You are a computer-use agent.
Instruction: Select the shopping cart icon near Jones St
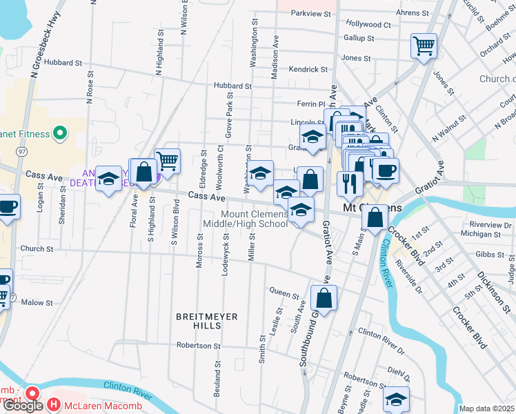pos(424,47)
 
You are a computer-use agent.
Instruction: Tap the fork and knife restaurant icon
pos(350,184)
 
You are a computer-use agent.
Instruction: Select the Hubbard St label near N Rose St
pos(62,63)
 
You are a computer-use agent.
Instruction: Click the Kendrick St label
pos(308,70)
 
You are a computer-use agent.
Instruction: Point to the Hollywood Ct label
pos(368,24)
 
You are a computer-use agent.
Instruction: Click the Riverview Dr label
pos(490,225)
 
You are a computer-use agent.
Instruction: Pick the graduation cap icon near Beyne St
pos(396,400)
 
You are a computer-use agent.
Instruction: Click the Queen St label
pos(283,291)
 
